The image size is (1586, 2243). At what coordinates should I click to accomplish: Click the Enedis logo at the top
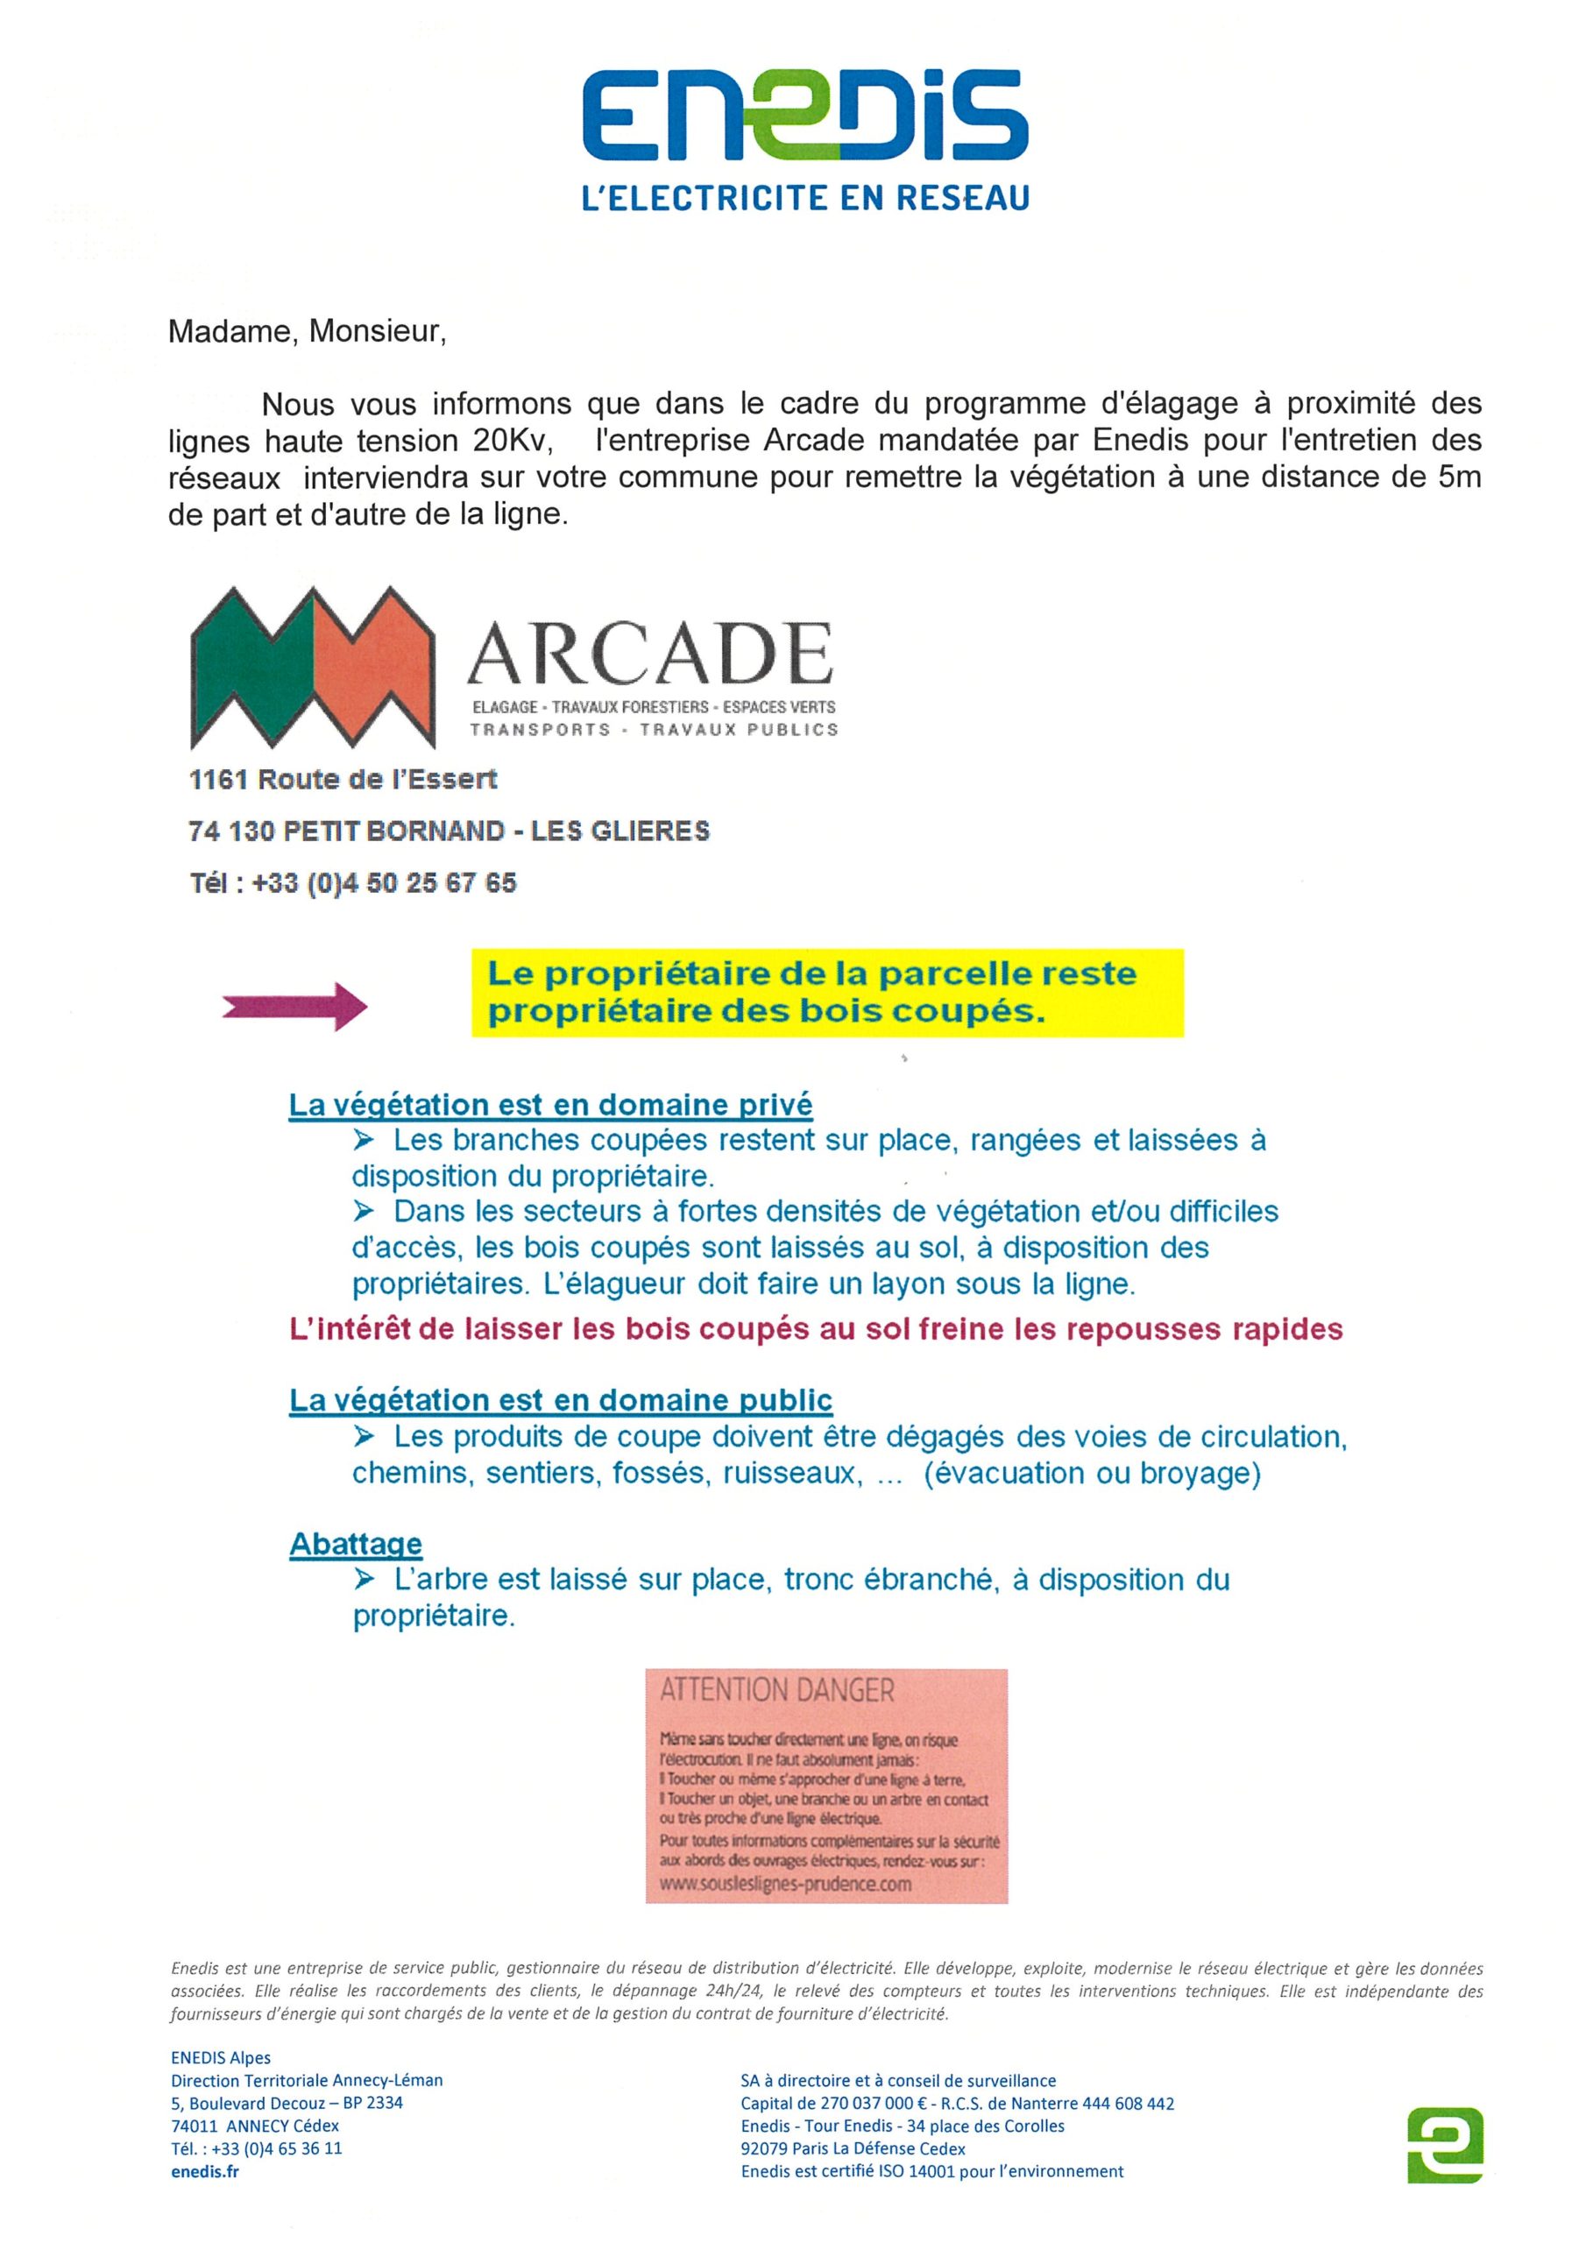tap(804, 116)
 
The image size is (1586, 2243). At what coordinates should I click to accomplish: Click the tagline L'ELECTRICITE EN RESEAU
tap(804, 198)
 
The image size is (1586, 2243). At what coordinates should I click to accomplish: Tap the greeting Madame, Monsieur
tap(307, 332)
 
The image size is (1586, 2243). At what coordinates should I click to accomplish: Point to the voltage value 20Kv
tap(511, 442)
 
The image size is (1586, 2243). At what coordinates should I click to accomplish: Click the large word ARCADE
tap(650, 654)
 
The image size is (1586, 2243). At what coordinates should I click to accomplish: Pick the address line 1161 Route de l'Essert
tap(343, 780)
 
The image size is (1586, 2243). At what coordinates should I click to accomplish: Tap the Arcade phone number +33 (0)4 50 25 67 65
tap(383, 883)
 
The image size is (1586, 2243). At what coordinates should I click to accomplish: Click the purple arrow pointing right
tap(294, 1005)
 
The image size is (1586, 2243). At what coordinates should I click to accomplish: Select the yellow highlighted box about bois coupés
tap(825, 992)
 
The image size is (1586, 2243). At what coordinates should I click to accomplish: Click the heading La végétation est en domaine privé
tap(550, 1105)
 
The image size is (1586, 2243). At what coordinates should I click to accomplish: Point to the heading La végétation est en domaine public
tap(560, 1400)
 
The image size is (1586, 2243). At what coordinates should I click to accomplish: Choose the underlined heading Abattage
tap(356, 1544)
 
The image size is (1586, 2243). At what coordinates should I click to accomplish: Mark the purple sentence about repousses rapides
tap(816, 1329)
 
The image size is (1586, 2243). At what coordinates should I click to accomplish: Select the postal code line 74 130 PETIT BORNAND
tap(449, 831)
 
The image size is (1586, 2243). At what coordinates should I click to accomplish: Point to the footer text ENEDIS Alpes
tap(220, 2057)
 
